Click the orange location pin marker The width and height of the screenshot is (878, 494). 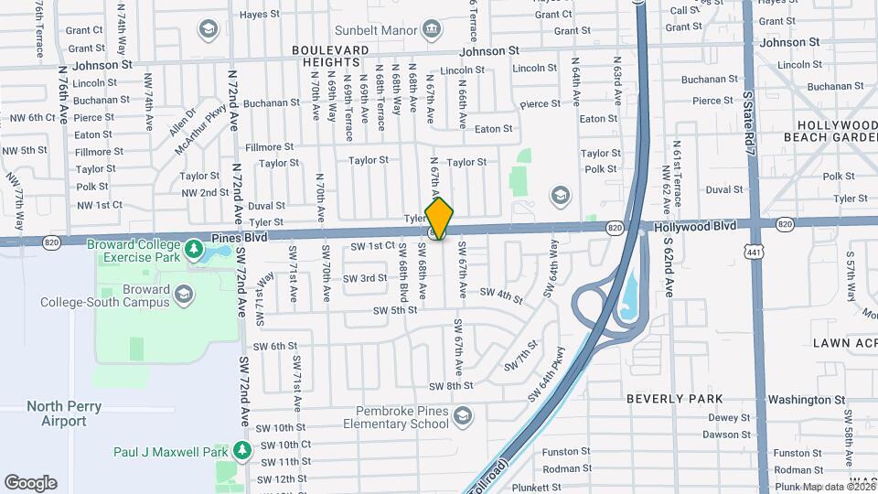439,218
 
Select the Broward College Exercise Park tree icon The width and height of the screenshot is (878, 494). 192,248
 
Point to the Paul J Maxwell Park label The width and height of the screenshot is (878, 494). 169,452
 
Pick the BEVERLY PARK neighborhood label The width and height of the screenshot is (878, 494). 675,399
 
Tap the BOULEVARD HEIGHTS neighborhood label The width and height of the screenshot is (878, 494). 330,55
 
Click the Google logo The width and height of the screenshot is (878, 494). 30,482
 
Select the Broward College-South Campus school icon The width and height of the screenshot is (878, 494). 184,293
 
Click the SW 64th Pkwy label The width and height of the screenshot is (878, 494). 547,374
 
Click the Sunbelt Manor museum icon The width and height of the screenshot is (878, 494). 434,30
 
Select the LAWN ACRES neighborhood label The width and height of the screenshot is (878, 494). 844,342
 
